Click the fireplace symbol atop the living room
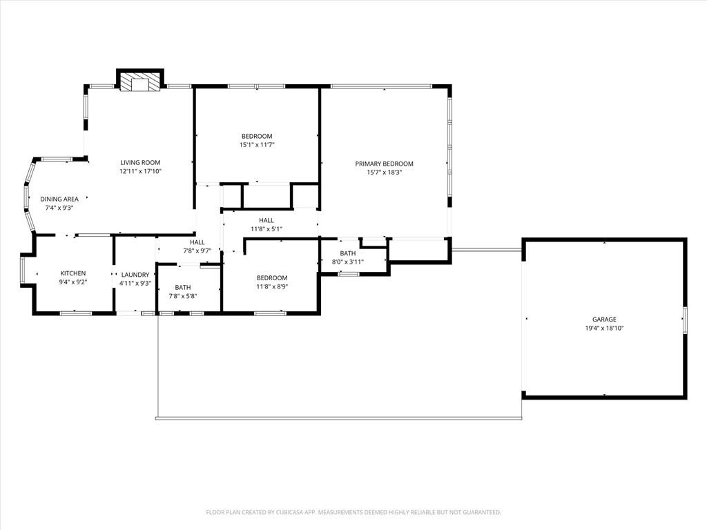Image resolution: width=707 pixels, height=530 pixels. tap(140, 84)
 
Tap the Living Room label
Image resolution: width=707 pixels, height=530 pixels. tap(140, 163)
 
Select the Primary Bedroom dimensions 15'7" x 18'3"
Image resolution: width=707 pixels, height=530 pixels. tap(384, 173)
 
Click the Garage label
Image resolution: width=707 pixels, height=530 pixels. tap(604, 320)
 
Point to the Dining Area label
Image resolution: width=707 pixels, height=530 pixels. tap(59, 199)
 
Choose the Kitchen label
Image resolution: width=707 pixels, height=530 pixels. tap(73, 273)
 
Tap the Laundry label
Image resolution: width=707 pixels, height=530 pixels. tap(135, 274)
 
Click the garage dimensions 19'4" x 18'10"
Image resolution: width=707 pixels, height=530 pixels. tap(604, 328)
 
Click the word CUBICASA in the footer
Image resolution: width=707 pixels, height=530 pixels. tap(294, 512)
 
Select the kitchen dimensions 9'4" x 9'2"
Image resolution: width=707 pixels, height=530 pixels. tap(73, 282)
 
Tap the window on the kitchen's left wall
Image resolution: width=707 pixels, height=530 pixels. tap(22, 269)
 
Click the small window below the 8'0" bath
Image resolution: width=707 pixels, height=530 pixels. tap(349, 275)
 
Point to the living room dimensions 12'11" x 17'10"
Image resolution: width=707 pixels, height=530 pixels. tap(140, 171)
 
